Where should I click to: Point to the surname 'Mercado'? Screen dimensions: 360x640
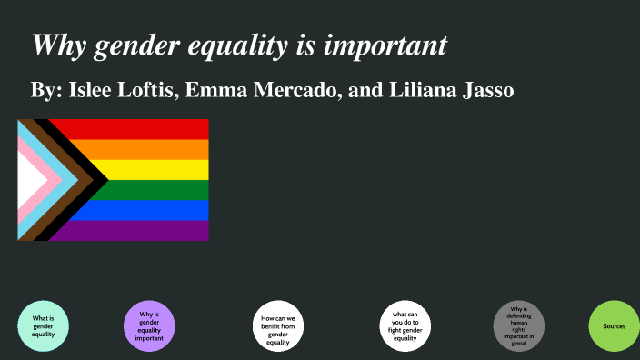click(295, 93)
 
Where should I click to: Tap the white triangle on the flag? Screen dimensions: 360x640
click(29, 180)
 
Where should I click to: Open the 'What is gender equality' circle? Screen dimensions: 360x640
click(43, 325)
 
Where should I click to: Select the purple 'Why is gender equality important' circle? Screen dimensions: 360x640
click(149, 325)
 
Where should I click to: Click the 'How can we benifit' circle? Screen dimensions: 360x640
click(277, 325)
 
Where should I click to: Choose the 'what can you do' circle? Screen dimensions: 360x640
click(405, 325)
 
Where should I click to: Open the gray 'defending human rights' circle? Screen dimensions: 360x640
click(519, 325)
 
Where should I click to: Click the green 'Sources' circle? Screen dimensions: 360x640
click(614, 325)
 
